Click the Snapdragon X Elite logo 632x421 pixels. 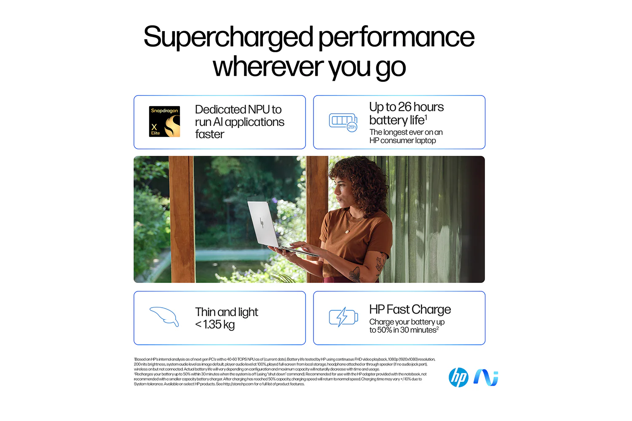click(x=165, y=122)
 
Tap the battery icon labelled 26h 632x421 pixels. click(x=343, y=122)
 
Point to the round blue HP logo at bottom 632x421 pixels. click(x=458, y=377)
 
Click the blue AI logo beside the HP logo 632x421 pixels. click(x=486, y=377)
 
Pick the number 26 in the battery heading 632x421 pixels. click(x=404, y=107)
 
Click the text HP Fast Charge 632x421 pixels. click(x=410, y=309)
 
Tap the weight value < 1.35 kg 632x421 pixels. click(x=215, y=325)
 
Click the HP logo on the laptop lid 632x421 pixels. click(x=262, y=223)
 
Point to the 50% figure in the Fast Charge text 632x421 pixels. click(x=384, y=330)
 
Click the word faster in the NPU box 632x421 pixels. click(x=209, y=134)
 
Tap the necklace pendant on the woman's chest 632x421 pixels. click(x=347, y=231)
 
